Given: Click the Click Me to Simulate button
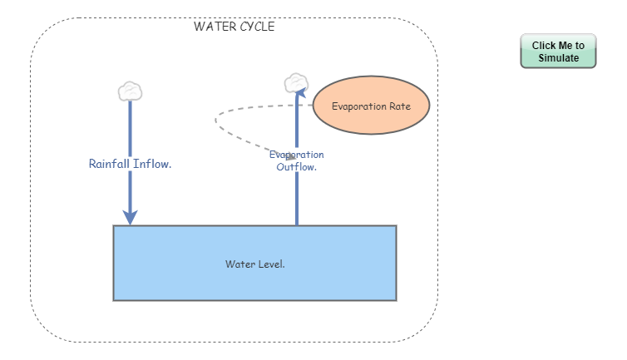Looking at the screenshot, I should click(x=558, y=52).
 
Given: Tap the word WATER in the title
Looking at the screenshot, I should click(x=212, y=27).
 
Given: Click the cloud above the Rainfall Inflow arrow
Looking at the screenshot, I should click(x=130, y=90).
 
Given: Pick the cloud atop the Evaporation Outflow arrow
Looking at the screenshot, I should click(x=296, y=82).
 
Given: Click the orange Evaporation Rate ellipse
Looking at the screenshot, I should click(x=371, y=106).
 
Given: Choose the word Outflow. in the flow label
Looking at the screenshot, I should click(x=297, y=167).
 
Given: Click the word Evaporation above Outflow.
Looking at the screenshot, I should click(x=297, y=155).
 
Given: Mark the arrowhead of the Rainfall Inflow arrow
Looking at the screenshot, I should click(x=130, y=216).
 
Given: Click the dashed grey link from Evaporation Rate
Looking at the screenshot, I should click(x=218, y=124).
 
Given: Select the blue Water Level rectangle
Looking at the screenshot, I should click(x=254, y=283).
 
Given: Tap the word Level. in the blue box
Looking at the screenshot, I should click(x=271, y=264).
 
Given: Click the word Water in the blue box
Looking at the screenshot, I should click(x=239, y=264).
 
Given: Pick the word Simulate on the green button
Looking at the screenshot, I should click(x=558, y=58).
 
